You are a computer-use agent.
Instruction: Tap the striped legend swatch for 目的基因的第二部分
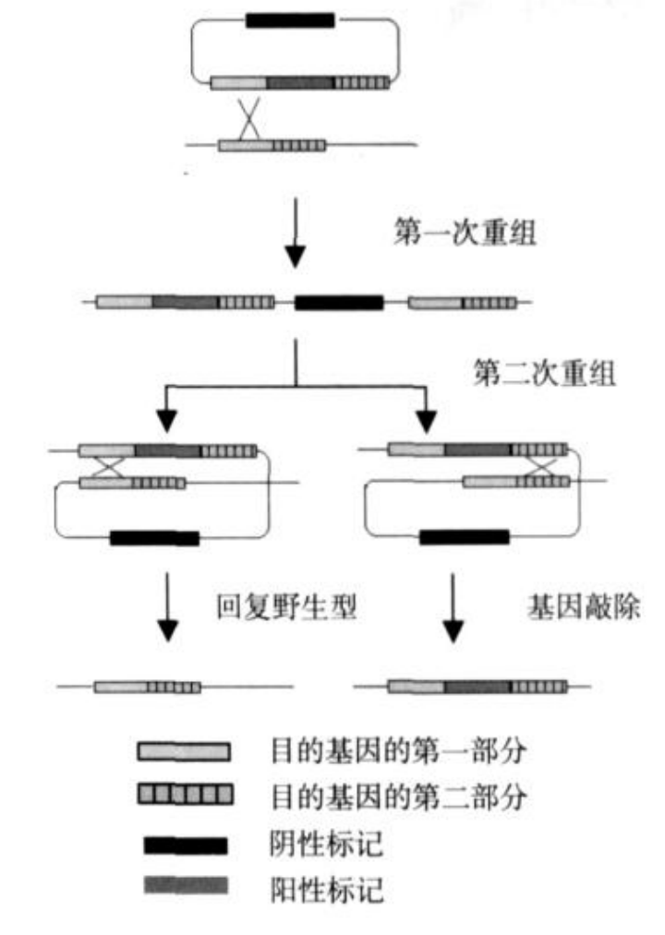[x=185, y=796]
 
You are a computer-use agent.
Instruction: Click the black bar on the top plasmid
[x=290, y=20]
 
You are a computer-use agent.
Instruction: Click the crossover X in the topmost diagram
[x=248, y=119]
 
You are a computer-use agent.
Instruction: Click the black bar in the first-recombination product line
[x=338, y=302]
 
